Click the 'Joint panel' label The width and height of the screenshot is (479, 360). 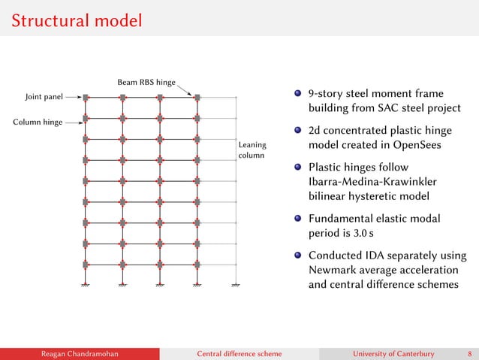point(44,96)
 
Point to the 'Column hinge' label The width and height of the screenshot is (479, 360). point(37,120)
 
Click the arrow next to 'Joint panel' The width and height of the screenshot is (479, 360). point(73,97)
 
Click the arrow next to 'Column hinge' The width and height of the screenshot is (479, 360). point(74,120)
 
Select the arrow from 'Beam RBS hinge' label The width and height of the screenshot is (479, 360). point(186,89)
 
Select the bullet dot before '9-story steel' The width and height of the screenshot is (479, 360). point(298,94)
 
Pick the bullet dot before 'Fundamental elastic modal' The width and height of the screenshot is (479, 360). point(298,219)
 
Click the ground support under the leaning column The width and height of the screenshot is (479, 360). point(236,286)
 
